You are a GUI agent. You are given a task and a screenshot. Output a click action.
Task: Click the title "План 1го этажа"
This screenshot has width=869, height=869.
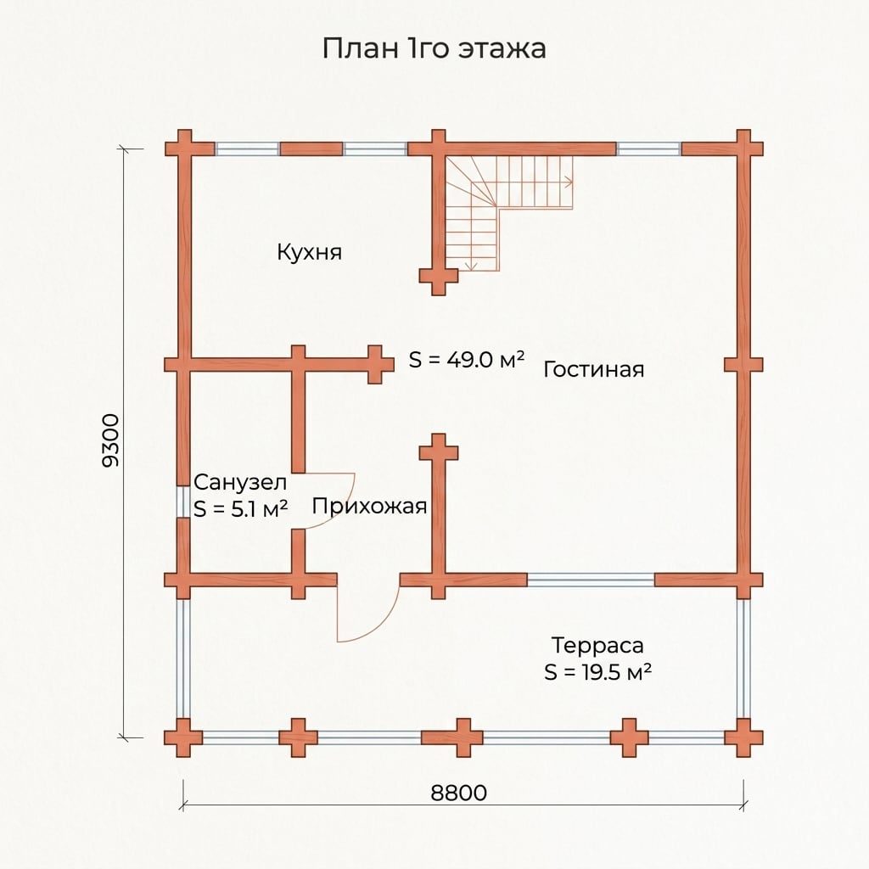coord(434,48)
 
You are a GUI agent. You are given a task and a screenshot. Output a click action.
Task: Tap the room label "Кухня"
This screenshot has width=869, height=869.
coord(309,252)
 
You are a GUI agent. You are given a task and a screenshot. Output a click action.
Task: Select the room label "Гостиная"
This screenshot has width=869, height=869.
coord(593,369)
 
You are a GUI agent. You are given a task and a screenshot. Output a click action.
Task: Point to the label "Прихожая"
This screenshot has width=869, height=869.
coord(370,506)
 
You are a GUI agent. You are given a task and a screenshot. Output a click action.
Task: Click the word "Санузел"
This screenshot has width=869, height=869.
coord(240,482)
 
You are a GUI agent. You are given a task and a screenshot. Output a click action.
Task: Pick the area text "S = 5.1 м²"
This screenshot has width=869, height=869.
coord(240,509)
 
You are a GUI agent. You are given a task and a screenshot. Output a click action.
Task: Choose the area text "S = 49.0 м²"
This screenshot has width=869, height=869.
coord(467,360)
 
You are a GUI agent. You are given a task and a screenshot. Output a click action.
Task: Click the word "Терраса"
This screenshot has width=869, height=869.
coord(597,645)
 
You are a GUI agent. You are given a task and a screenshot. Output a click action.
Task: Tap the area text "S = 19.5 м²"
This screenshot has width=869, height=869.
coord(597,672)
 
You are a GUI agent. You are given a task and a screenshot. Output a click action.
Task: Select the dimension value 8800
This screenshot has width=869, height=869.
coord(459,793)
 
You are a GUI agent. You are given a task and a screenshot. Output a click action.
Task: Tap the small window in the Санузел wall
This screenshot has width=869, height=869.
coord(182,502)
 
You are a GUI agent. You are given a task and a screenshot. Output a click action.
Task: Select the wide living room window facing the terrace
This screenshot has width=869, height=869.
coord(591,580)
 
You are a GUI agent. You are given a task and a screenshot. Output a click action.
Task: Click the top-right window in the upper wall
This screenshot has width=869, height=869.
coord(649,149)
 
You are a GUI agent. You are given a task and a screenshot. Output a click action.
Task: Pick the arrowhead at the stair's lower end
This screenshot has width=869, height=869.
coord(471,267)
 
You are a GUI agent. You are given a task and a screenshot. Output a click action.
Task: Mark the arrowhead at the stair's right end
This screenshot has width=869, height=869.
coord(569,182)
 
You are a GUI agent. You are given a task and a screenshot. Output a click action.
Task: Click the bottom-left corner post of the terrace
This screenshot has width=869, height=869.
coord(183,737)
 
